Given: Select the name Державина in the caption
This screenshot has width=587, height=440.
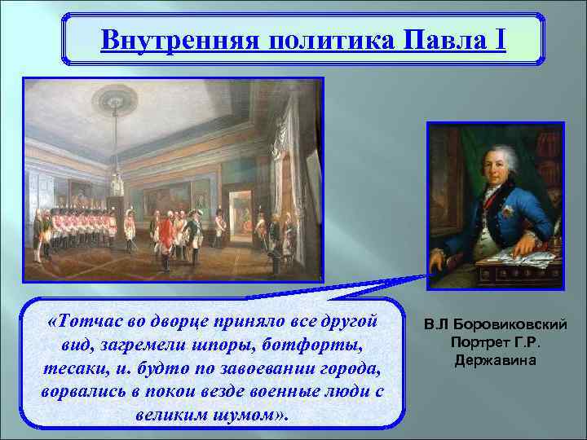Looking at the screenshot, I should [x=496, y=360].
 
